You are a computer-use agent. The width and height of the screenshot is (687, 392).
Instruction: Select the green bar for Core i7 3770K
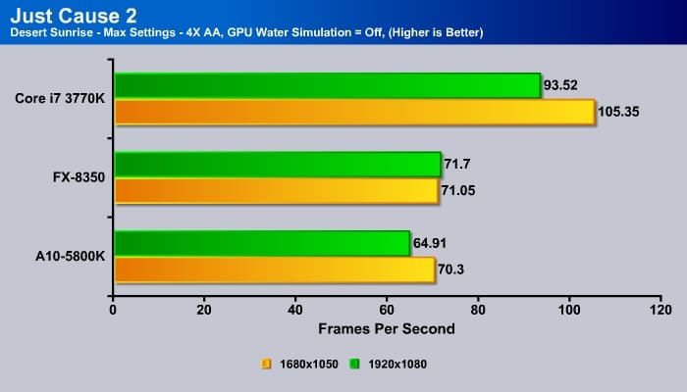[328, 85]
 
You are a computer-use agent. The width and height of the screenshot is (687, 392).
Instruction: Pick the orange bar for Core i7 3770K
[354, 112]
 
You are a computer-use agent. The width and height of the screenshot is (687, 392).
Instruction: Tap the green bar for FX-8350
[278, 164]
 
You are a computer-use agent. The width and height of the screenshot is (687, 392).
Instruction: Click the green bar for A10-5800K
[262, 242]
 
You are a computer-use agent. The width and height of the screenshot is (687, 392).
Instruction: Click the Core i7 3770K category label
[61, 98]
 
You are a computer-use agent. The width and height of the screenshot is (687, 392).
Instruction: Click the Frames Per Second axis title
[386, 329]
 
